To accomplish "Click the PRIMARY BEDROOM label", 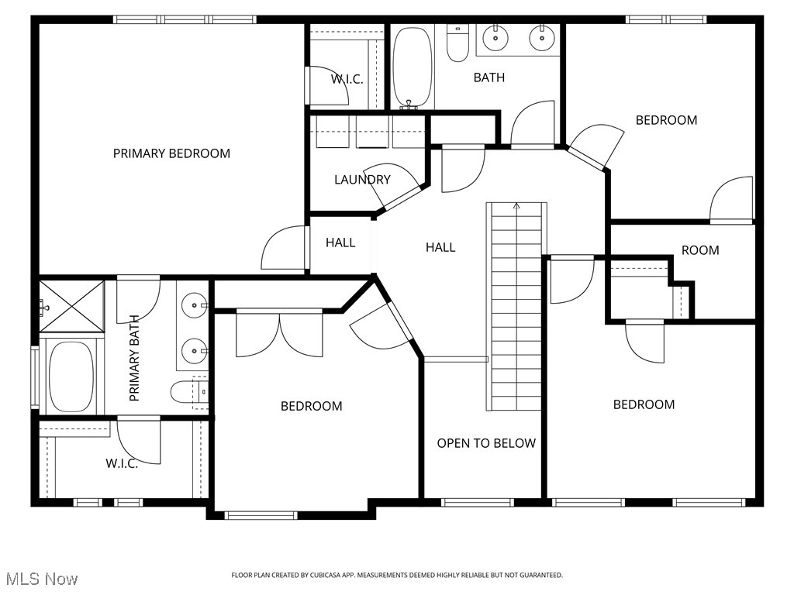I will [171, 153].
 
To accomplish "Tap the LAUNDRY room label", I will [362, 180].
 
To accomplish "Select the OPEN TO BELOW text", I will [486, 443].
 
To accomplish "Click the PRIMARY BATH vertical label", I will [134, 357].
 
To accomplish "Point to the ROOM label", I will [700, 250].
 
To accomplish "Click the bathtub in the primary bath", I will [71, 377].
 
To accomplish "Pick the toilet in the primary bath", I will [189, 392].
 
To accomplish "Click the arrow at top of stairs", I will [516, 206].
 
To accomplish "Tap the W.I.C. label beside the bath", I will [347, 79].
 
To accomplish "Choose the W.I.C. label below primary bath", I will [122, 463].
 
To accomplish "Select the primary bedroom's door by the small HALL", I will [285, 248].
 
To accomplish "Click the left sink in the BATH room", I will [494, 36].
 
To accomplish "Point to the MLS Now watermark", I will [42, 579].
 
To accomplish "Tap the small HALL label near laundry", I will [340, 242].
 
